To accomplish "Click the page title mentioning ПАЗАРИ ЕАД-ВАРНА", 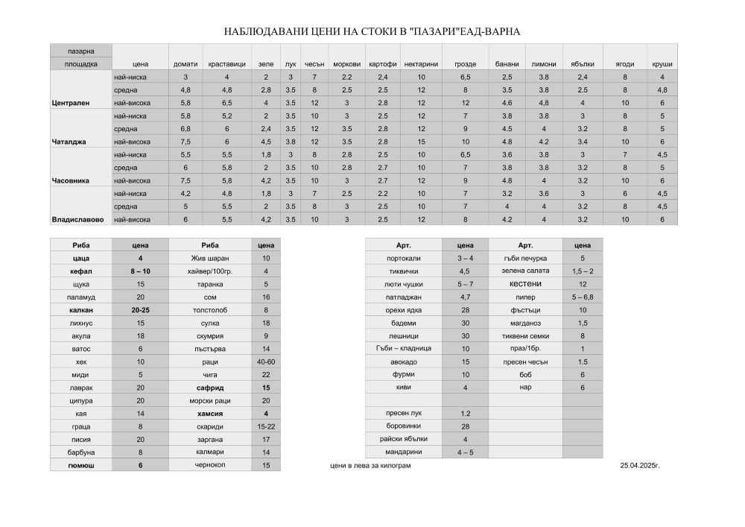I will click(372, 31).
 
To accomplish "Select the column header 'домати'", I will click(186, 64).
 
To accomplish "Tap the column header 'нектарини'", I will click(421, 64).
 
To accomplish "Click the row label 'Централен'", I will click(71, 103).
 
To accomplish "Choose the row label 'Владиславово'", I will click(78, 219).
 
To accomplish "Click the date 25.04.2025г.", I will click(640, 465).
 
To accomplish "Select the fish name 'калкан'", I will click(80, 309).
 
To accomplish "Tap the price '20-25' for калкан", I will click(140, 309).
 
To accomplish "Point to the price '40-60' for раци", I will click(265, 362).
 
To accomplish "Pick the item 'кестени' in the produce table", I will click(525, 283).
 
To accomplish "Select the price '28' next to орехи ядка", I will click(465, 309).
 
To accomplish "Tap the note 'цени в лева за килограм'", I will click(370, 465).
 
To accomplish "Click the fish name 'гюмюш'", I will click(80, 465).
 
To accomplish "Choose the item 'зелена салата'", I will click(525, 271).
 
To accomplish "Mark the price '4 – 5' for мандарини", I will click(465, 452).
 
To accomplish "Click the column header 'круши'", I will click(662, 64).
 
